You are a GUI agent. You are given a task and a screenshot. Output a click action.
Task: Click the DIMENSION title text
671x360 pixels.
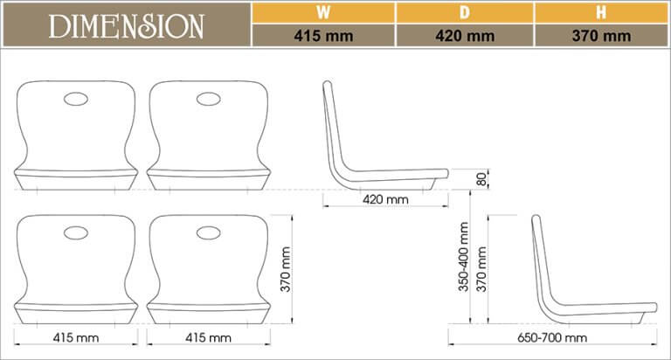click(127, 25)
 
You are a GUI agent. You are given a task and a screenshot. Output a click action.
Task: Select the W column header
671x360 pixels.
click(322, 12)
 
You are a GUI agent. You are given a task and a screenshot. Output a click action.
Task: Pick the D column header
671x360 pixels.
click(464, 12)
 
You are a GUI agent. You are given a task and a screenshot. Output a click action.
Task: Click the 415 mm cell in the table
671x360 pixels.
click(322, 36)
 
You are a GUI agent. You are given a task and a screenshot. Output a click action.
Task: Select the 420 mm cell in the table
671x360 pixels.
click(464, 36)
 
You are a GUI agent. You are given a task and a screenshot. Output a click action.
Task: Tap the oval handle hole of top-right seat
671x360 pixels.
click(208, 99)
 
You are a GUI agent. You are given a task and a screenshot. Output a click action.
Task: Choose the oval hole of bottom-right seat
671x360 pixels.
click(208, 232)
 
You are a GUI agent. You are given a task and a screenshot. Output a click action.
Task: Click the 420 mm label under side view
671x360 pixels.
click(385, 199)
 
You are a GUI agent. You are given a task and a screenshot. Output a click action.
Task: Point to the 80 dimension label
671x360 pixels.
click(482, 179)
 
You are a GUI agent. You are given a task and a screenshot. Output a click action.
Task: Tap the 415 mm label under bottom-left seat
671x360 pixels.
click(76, 336)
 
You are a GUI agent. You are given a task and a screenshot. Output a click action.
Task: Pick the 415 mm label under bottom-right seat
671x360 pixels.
click(208, 336)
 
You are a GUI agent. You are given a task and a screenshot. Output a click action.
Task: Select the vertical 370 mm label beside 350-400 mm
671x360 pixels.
click(481, 269)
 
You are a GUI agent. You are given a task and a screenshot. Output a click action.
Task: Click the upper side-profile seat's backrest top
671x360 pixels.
click(328, 86)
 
